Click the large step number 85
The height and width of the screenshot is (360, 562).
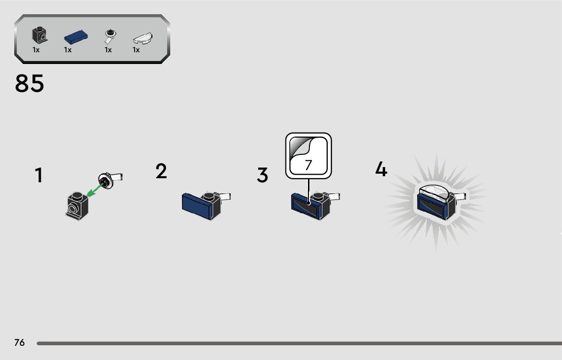click(29, 84)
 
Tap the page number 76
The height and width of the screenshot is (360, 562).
click(19, 343)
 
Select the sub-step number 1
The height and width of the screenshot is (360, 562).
click(39, 176)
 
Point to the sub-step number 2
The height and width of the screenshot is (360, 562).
click(161, 171)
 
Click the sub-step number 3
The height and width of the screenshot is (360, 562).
click(262, 175)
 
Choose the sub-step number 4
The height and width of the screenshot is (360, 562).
click(381, 169)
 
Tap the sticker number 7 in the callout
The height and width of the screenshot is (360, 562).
click(308, 165)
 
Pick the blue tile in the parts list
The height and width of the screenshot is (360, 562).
click(76, 37)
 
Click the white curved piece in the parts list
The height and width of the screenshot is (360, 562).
click(143, 38)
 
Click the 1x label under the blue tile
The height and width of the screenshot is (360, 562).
click(68, 50)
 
